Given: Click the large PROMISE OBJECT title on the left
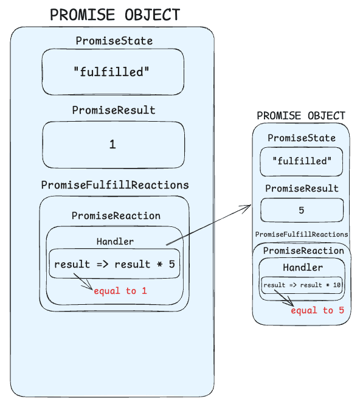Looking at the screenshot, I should tap(115, 15).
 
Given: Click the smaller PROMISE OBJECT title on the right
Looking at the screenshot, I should tap(301, 116).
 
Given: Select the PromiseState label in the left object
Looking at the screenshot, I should tap(114, 41).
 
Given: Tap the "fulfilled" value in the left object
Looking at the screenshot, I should tap(112, 72).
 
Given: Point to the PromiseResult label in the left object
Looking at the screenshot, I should tap(114, 110).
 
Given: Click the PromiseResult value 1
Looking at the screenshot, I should tap(112, 145).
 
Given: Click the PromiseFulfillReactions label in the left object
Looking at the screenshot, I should tap(115, 185).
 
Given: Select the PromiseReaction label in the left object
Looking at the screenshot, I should tap(116, 215).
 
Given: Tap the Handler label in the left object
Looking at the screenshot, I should tap(115, 241).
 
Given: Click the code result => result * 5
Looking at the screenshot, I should tap(114, 264).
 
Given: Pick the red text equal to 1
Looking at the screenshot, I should tap(120, 291).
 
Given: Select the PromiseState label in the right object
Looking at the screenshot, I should tap(302, 138).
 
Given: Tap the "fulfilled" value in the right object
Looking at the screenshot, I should tap(302, 161).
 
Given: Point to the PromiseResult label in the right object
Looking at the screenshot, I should tap(302, 189).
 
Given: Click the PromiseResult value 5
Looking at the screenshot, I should tap(302, 210).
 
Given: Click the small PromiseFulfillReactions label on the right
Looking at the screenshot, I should tap(302, 234).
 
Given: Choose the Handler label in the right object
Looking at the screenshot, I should tap(302, 267).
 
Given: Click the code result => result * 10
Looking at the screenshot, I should tap(302, 285).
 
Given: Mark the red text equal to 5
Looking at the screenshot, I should tap(317, 310).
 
